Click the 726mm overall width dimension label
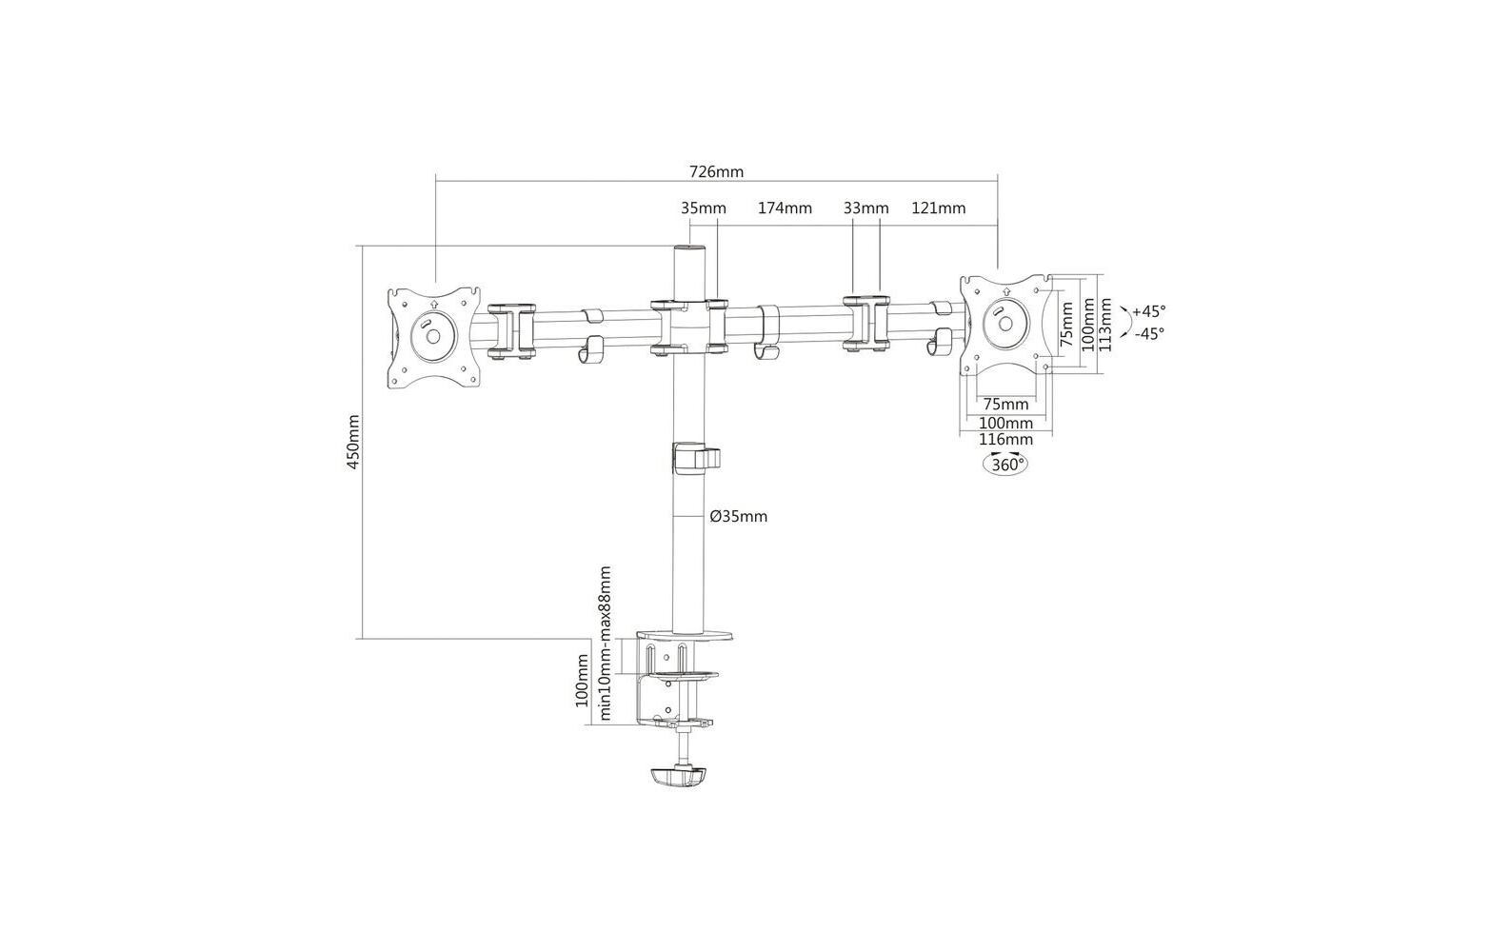point(716,172)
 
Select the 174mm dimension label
point(785,208)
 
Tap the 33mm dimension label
point(866,208)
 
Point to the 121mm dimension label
point(938,208)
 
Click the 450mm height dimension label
point(353,442)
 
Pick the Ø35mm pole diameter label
point(739,516)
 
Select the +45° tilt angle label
point(1149,311)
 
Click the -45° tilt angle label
point(1149,334)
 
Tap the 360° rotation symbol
point(1005,465)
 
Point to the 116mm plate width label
point(1005,439)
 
